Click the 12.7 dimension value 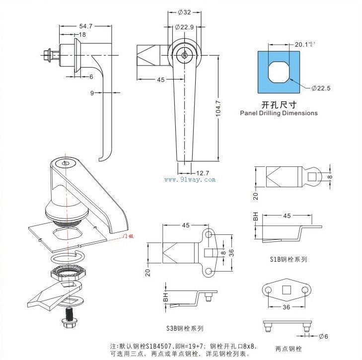pos(202,173)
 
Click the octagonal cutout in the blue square pos(279,73)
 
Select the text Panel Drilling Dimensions pos(279,113)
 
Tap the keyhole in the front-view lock pos(185,56)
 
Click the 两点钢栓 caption pos(288,349)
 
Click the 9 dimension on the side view pos(93,92)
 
